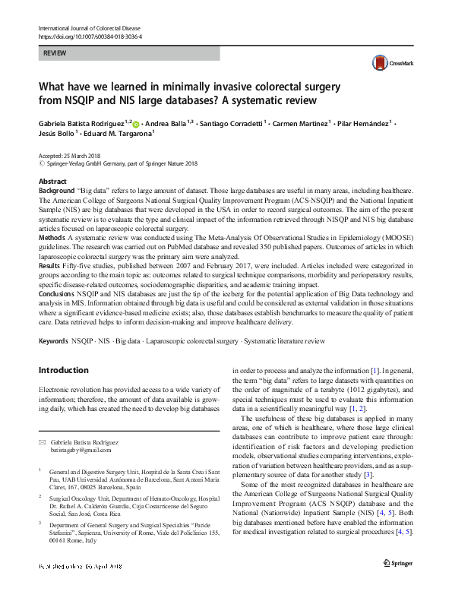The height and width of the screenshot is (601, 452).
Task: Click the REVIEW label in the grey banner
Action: point(55,54)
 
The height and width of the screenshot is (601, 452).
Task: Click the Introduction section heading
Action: point(63,370)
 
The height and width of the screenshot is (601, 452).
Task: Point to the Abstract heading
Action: point(52,182)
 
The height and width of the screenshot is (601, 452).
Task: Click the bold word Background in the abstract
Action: point(56,190)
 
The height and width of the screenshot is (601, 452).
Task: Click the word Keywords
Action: point(53,343)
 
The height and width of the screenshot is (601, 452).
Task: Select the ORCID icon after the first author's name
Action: point(137,122)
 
